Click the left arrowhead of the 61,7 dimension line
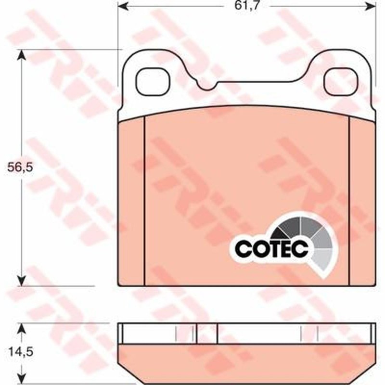123,6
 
